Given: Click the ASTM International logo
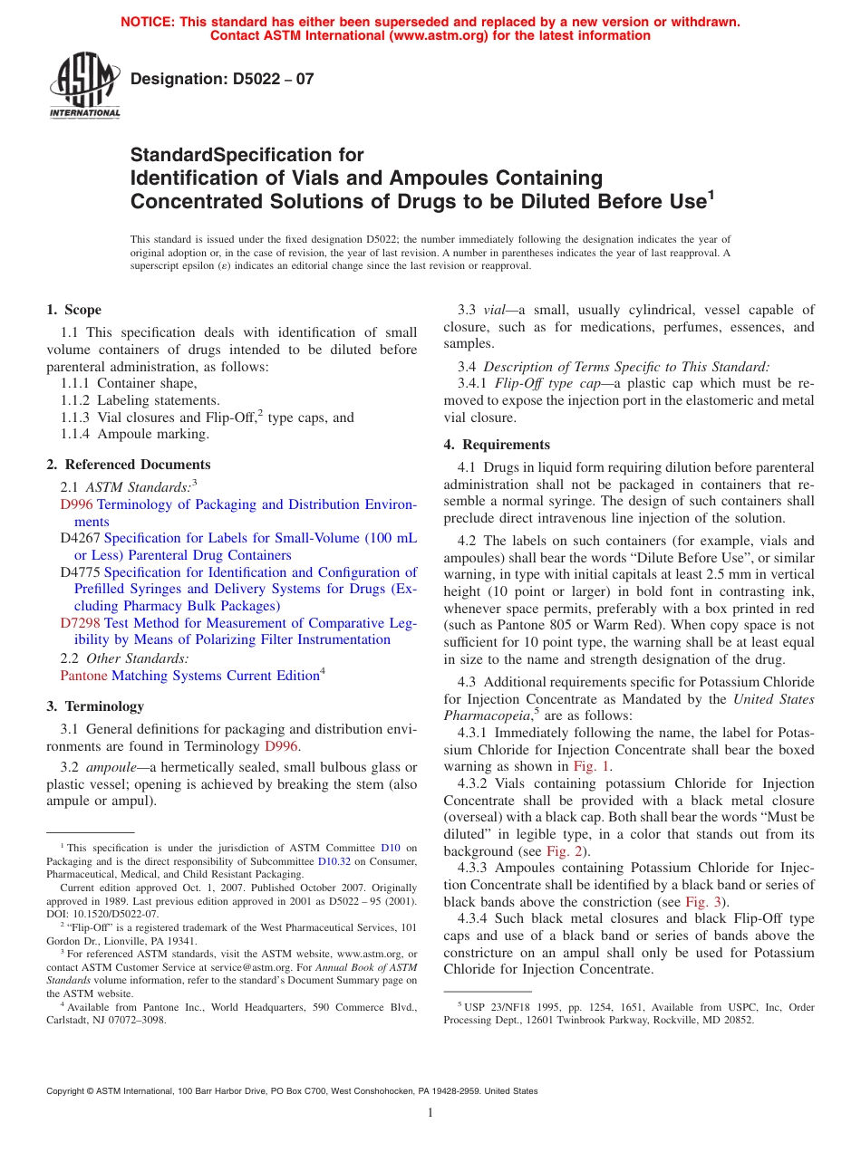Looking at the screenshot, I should click(x=84, y=88).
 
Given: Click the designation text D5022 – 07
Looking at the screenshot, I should click(x=222, y=79).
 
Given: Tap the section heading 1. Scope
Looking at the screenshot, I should click(x=74, y=310).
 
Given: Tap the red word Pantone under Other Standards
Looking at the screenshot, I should click(x=83, y=676).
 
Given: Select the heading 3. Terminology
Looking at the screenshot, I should click(x=95, y=706).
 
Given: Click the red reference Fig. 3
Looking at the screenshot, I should click(x=703, y=902).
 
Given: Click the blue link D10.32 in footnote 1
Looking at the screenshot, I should click(x=334, y=861).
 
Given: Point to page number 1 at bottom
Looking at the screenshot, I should click(x=430, y=1113).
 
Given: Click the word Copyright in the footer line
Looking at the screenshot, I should click(x=68, y=1091).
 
